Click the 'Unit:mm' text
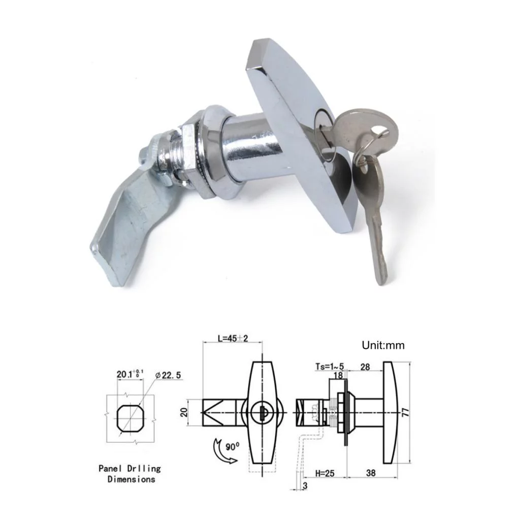pos(383,346)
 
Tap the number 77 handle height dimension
pos(405,412)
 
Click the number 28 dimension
pos(365,367)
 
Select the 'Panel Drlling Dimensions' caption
pos(130,473)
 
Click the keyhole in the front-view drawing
pos(263,412)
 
